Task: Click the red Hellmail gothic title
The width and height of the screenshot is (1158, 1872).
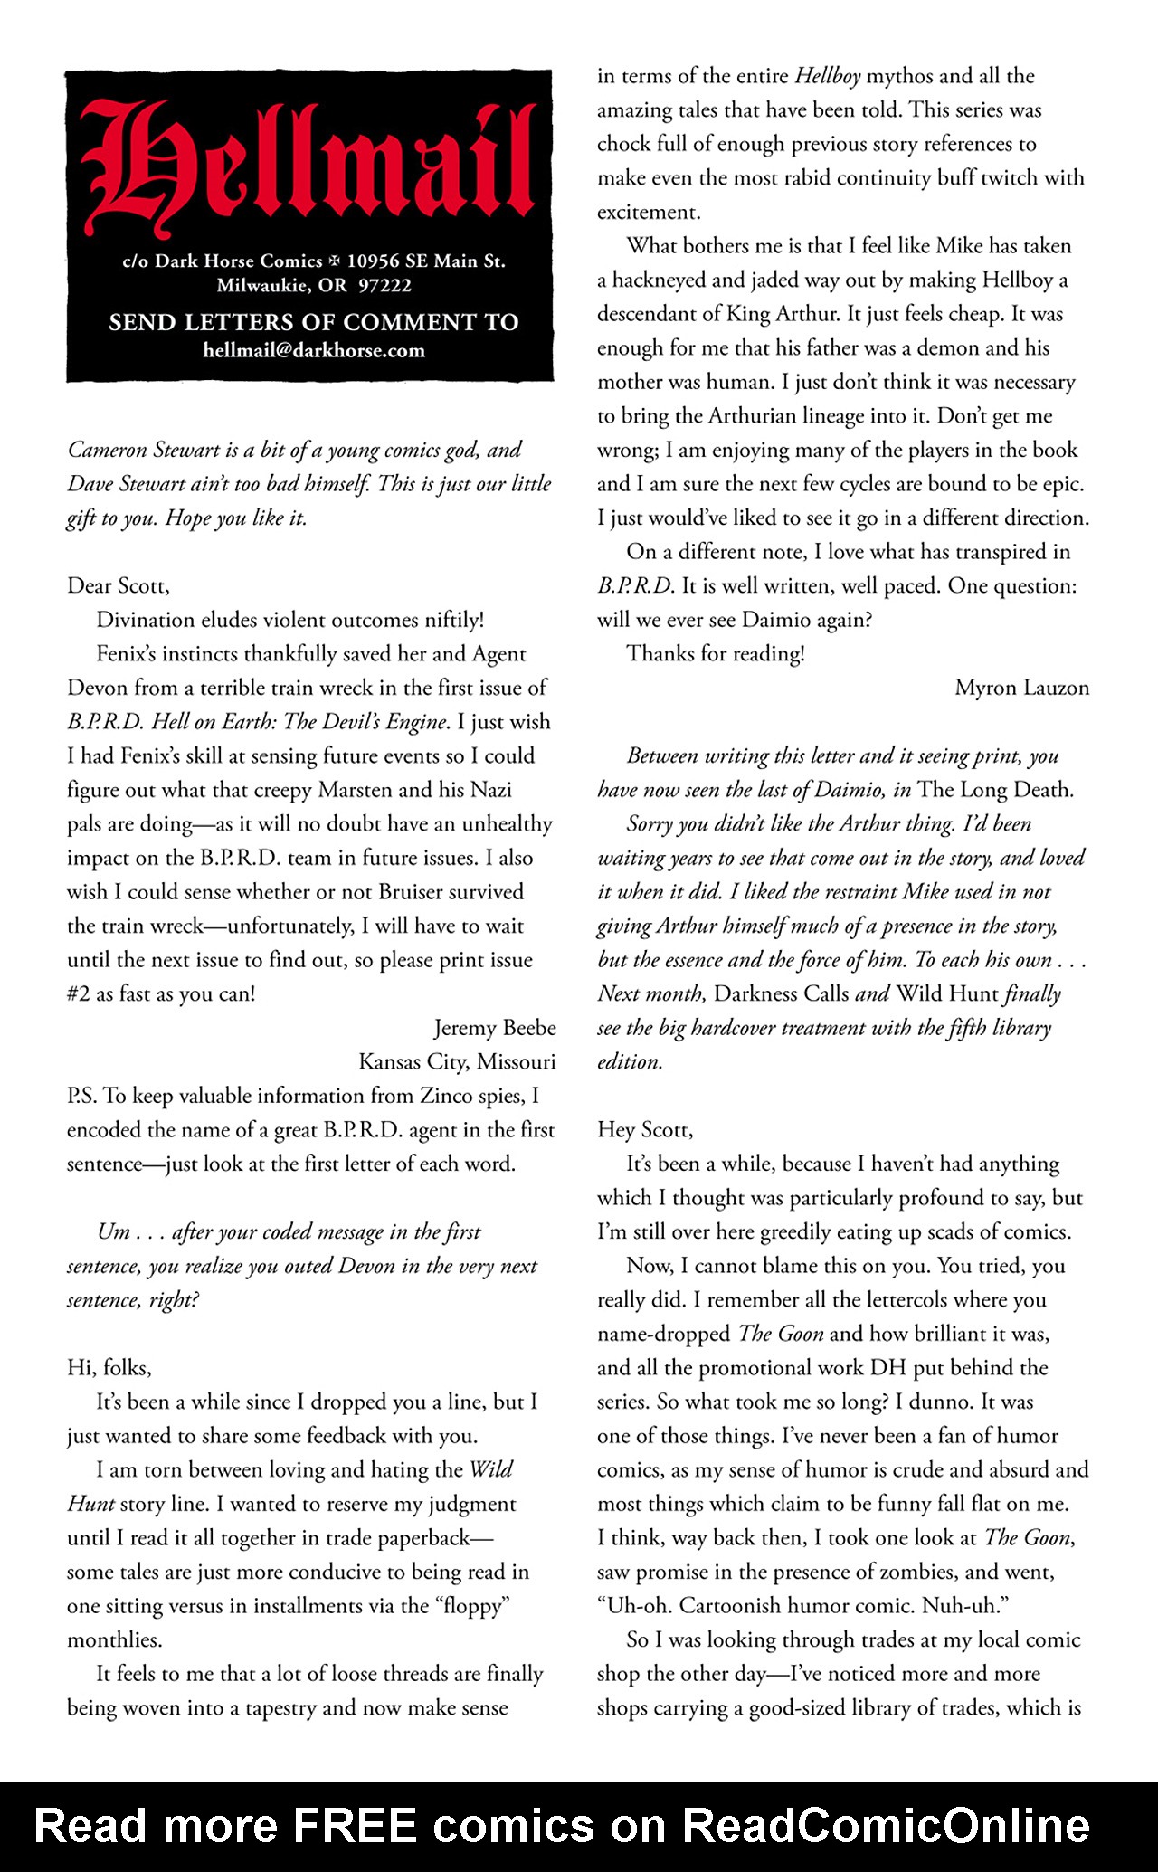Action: coord(308,167)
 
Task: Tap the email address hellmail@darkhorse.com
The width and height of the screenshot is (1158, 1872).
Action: coord(314,350)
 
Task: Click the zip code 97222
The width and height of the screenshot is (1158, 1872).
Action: coord(384,286)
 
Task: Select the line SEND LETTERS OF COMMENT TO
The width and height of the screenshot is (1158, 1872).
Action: coord(314,322)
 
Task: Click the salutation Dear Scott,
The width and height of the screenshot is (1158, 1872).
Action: coord(118,586)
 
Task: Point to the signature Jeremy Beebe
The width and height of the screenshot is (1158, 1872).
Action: coord(495,1028)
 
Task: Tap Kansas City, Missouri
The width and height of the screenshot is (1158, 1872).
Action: coord(457,1061)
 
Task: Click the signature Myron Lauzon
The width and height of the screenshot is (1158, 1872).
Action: coord(1021,688)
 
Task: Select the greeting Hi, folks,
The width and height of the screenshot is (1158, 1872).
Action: coord(109,1367)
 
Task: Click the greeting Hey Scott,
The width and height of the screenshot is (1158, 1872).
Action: coord(644,1129)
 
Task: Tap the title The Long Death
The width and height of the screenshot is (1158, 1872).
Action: coord(994,790)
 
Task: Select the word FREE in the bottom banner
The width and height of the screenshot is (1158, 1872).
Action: coord(355,1826)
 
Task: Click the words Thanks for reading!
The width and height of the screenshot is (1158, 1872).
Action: coord(715,654)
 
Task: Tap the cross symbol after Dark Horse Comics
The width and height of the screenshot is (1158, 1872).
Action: coord(335,261)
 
